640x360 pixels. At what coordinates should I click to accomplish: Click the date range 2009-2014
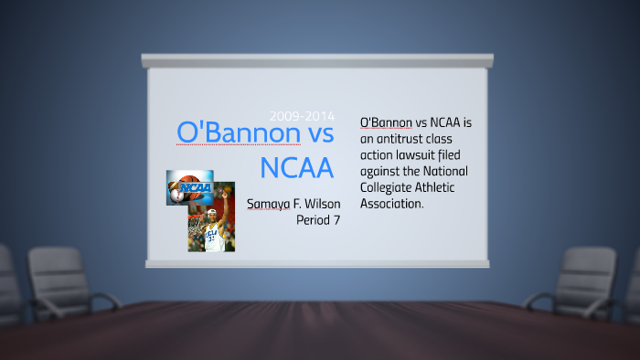pyautogui.click(x=302, y=116)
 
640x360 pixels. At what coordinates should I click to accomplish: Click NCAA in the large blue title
pyautogui.click(x=296, y=168)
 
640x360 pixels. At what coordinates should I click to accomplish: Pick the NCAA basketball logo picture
pyautogui.click(x=189, y=187)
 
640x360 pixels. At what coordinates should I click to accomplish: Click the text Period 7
pyautogui.click(x=318, y=220)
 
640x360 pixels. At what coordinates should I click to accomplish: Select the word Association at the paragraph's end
pyautogui.click(x=392, y=204)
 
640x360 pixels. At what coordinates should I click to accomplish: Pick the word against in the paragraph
pyautogui.click(x=383, y=171)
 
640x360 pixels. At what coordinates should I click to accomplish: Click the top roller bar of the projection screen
pyautogui.click(x=317, y=60)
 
